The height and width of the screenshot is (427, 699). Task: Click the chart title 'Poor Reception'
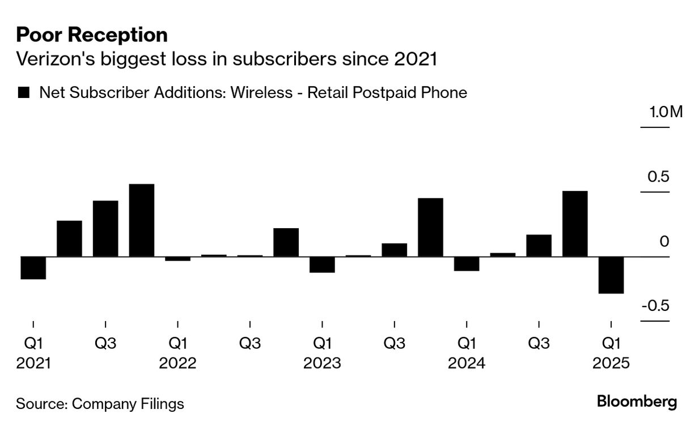click(92, 35)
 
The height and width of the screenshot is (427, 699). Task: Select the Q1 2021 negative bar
click(33, 268)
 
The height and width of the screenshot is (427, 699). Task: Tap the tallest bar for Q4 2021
click(142, 220)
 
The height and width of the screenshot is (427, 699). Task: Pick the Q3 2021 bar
click(105, 229)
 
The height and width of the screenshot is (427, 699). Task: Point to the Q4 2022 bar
click(286, 242)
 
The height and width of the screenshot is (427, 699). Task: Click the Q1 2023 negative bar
click(322, 264)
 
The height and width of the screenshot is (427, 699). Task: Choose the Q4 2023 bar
click(430, 227)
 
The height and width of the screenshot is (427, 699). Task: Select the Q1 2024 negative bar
click(467, 264)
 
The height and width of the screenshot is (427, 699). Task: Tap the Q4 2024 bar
click(575, 224)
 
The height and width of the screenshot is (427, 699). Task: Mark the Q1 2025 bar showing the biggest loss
click(611, 275)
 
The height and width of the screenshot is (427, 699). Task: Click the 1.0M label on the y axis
click(666, 112)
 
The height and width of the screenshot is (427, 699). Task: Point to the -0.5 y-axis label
click(656, 306)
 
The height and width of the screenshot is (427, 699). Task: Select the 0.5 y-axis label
click(659, 177)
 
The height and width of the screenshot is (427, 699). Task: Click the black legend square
click(24, 93)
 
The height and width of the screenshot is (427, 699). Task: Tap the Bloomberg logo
click(637, 403)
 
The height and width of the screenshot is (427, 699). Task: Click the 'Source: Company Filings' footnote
click(100, 404)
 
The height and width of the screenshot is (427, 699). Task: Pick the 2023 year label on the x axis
click(322, 363)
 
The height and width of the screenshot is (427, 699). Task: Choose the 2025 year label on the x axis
click(611, 363)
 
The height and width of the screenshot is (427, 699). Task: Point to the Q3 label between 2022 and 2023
click(250, 343)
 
